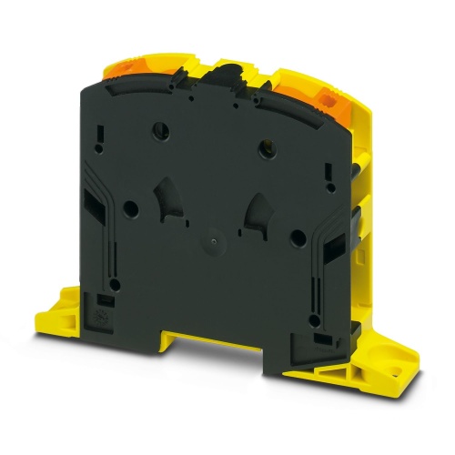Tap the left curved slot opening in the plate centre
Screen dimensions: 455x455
coord(167,195)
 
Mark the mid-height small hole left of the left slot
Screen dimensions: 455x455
coord(128,207)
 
